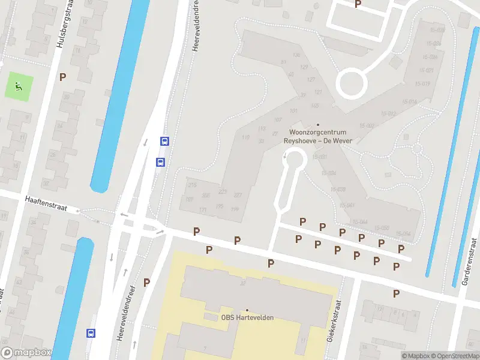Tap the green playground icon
(19, 86)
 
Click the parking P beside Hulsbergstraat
(63, 77)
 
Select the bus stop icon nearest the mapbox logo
(91, 333)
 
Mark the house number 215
(192, 185)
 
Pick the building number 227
(238, 195)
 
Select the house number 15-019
(422, 83)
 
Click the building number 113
(261, 129)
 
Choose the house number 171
(203, 209)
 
